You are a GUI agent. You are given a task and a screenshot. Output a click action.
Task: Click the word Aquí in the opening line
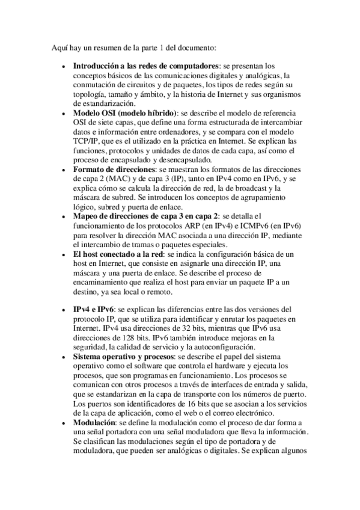(58, 46)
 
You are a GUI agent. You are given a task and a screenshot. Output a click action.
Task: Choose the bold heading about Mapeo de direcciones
(145, 216)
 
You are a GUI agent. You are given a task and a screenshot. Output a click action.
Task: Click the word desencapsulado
(183, 160)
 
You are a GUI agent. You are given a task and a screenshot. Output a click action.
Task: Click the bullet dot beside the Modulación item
(64, 423)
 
